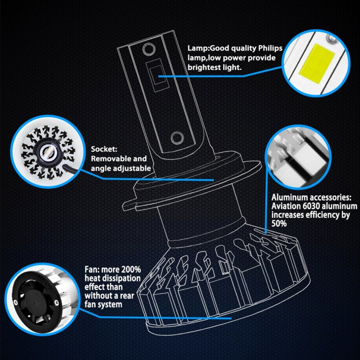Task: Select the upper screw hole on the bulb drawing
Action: pyautogui.click(x=149, y=48)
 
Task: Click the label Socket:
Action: pyautogui.click(x=103, y=149)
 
